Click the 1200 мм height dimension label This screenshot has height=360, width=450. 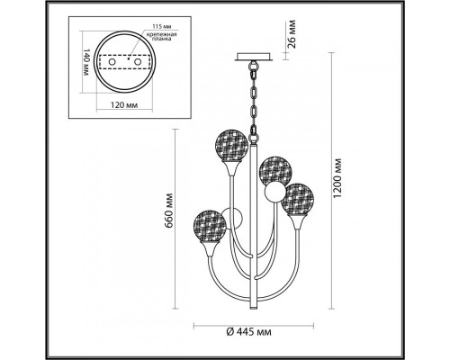[337, 177]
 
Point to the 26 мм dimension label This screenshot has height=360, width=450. [292, 34]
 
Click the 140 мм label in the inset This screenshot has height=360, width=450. [85, 62]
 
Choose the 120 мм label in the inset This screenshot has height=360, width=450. [124, 105]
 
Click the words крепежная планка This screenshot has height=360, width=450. [161, 37]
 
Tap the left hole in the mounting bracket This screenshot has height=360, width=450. [112, 62]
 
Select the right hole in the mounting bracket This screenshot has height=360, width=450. [138, 62]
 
